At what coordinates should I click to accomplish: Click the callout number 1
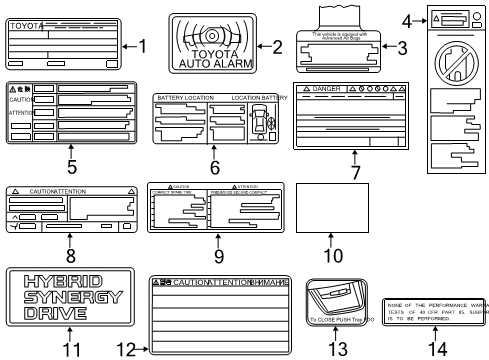coord(143,44)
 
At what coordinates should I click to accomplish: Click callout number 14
coord(434,348)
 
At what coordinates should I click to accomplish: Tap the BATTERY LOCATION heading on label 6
coord(182,97)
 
